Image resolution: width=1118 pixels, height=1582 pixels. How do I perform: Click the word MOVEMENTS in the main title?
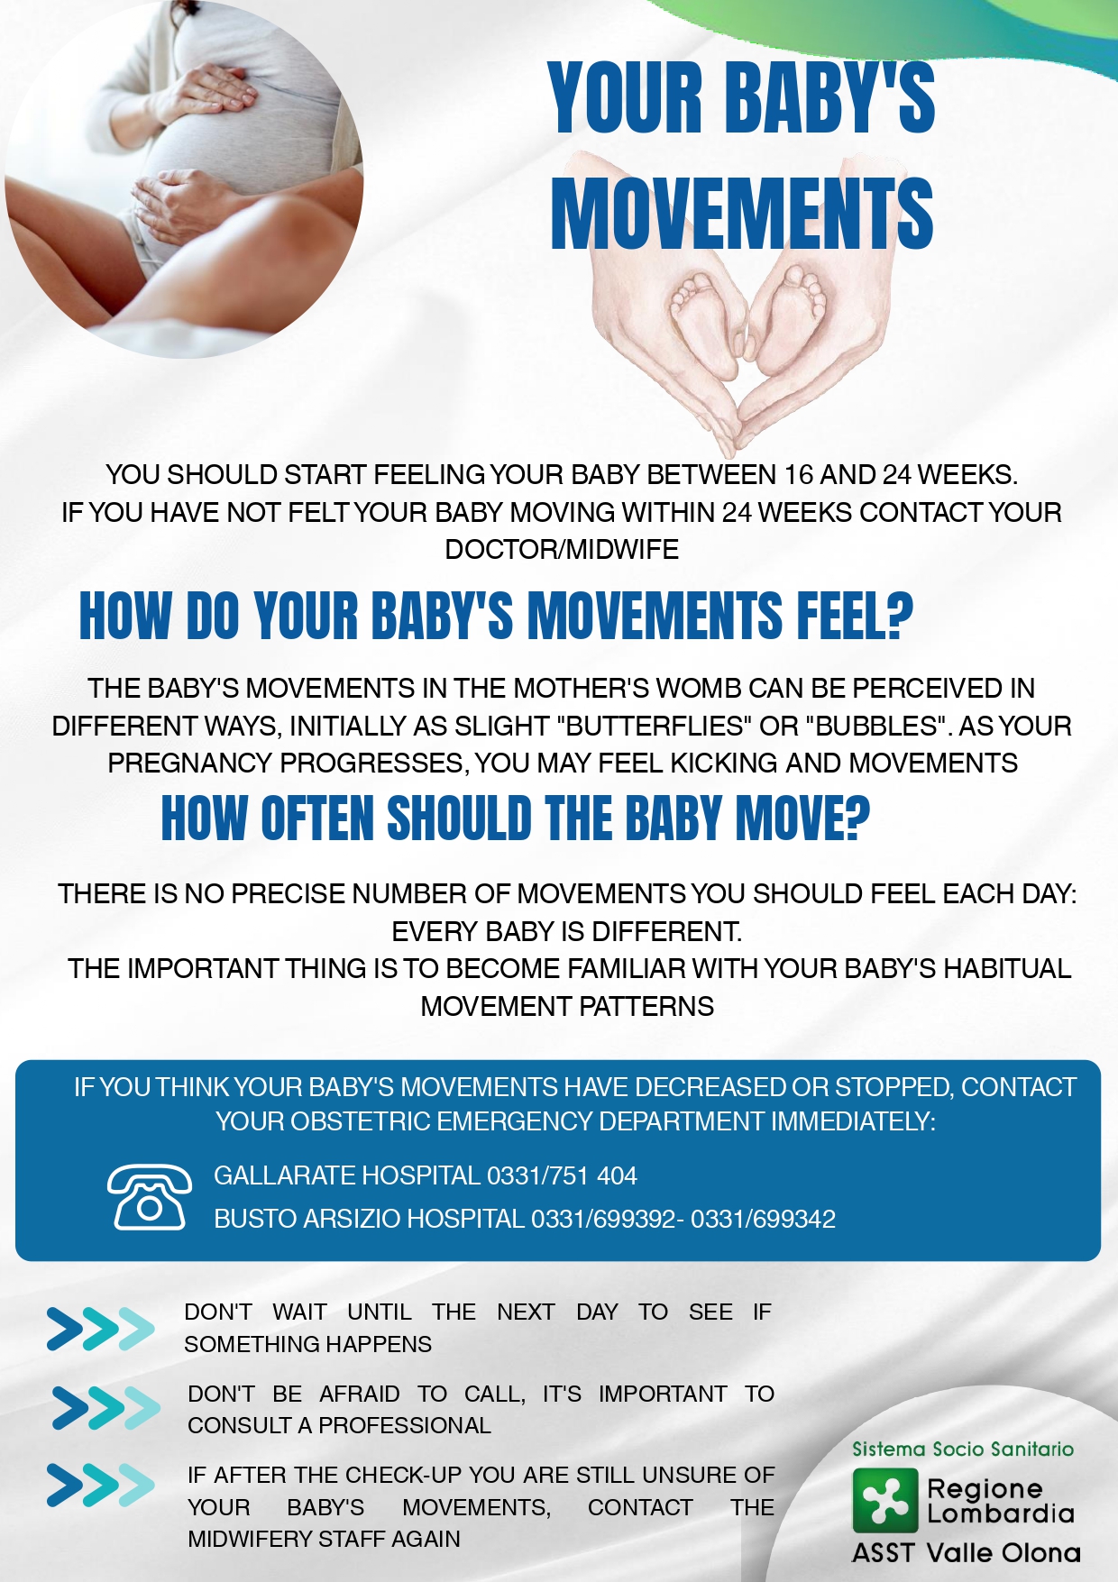click(742, 214)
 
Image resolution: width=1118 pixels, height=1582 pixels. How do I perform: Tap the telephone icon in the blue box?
click(150, 1196)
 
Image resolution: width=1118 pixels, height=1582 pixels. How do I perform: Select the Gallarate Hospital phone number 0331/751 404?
click(562, 1175)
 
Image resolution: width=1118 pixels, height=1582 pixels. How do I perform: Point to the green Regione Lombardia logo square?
click(885, 1500)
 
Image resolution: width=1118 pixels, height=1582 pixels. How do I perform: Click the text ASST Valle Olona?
click(967, 1553)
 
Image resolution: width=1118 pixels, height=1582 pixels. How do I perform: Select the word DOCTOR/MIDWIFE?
click(562, 549)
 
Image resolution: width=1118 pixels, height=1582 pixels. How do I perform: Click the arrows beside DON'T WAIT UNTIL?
click(100, 1328)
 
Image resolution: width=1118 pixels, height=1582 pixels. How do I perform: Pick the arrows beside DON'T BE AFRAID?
click(105, 1408)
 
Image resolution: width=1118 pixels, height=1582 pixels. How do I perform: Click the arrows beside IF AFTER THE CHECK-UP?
click(100, 1486)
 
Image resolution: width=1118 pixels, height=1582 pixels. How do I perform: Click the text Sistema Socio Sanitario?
click(963, 1449)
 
